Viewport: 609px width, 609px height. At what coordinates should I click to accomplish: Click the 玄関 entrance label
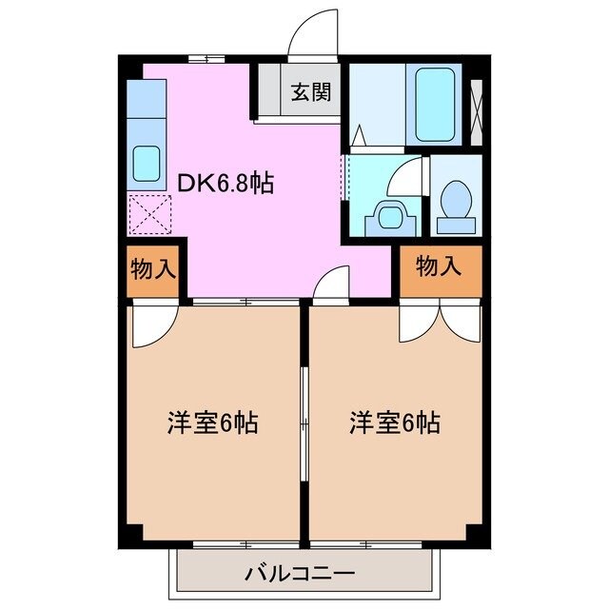click(310, 92)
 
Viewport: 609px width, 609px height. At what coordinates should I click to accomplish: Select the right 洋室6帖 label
click(394, 422)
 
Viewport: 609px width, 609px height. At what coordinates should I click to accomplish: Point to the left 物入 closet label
click(153, 267)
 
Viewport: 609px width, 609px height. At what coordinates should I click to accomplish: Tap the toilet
click(456, 204)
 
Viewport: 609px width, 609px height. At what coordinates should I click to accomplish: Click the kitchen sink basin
click(147, 163)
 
